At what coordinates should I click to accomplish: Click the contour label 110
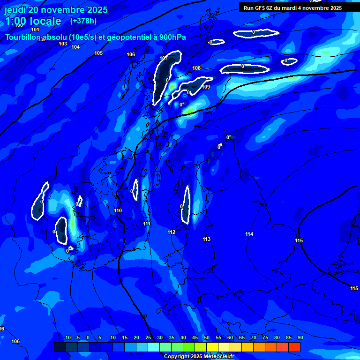pyautogui.click(x=118, y=211)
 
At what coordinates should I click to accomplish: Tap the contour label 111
pyautogui.click(x=147, y=224)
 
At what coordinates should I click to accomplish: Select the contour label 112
pyautogui.click(x=171, y=232)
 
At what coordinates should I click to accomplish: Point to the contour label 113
pyautogui.click(x=206, y=240)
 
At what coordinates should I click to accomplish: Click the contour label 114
pyautogui.click(x=249, y=234)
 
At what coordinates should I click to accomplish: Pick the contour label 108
pyautogui.click(x=196, y=68)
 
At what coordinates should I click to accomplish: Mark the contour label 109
pyautogui.click(x=206, y=87)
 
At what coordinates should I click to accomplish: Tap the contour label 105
pyautogui.click(x=98, y=53)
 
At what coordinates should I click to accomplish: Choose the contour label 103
pyautogui.click(x=63, y=44)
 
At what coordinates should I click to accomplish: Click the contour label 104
pyautogui.click(x=75, y=47)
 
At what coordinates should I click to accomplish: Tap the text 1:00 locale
pyautogui.click(x=33, y=21)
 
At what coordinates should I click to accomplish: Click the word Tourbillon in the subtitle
pyautogui.click(x=23, y=37)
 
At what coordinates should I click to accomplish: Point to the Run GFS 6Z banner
pyautogui.click(x=292, y=8)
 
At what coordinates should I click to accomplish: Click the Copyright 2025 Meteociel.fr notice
pyautogui.click(x=199, y=357)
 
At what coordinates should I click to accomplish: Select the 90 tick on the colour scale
pyautogui.click(x=300, y=338)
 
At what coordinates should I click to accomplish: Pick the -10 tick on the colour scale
pyautogui.click(x=67, y=338)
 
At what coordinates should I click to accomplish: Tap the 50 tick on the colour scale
pyautogui.click(x=206, y=338)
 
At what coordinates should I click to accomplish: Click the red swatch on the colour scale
pyautogui.click(x=294, y=347)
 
